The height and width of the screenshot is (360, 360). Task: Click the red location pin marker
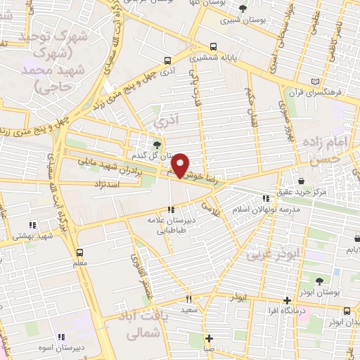click(181, 165)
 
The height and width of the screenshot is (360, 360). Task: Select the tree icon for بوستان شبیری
click(243, 9)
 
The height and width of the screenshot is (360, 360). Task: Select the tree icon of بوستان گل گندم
click(156, 145)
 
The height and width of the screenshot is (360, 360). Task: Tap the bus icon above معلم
click(79, 252)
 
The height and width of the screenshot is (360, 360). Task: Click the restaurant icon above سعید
click(188, 299)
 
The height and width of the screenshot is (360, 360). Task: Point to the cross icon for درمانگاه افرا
click(286, 300)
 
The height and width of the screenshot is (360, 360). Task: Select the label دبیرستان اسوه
click(80, 347)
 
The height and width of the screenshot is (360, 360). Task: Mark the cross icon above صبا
click(209, 337)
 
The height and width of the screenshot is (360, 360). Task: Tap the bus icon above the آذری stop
click(167, 60)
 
